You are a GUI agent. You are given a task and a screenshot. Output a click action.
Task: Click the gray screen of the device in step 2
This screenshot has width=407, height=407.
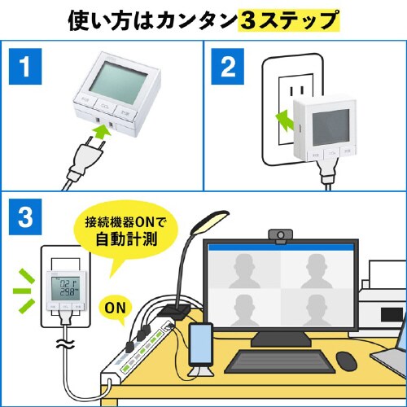[x=330, y=123]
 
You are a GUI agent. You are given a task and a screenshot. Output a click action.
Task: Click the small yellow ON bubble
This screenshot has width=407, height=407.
[x=116, y=309]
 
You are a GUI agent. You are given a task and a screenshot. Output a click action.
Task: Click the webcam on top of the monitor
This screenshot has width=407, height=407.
[x=278, y=235]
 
